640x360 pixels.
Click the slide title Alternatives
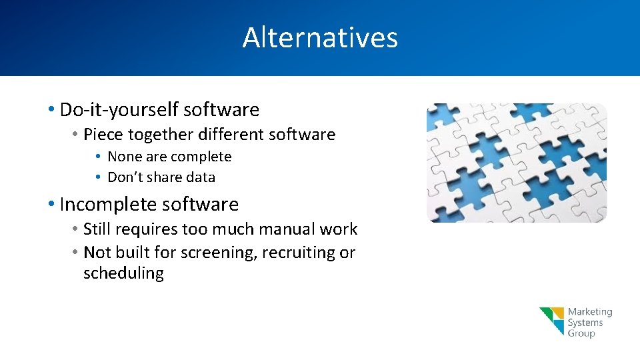tap(320, 37)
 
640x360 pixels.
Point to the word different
tap(231, 135)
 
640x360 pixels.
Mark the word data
tap(201, 177)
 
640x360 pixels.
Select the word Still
tap(97, 229)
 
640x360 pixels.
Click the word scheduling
tap(123, 273)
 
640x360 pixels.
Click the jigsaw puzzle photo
tap(517, 163)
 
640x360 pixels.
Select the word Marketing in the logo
tap(589, 312)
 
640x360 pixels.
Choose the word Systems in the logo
tap(585, 323)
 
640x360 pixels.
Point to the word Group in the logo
tap(581, 333)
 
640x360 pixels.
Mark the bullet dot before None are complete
tap(98, 157)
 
